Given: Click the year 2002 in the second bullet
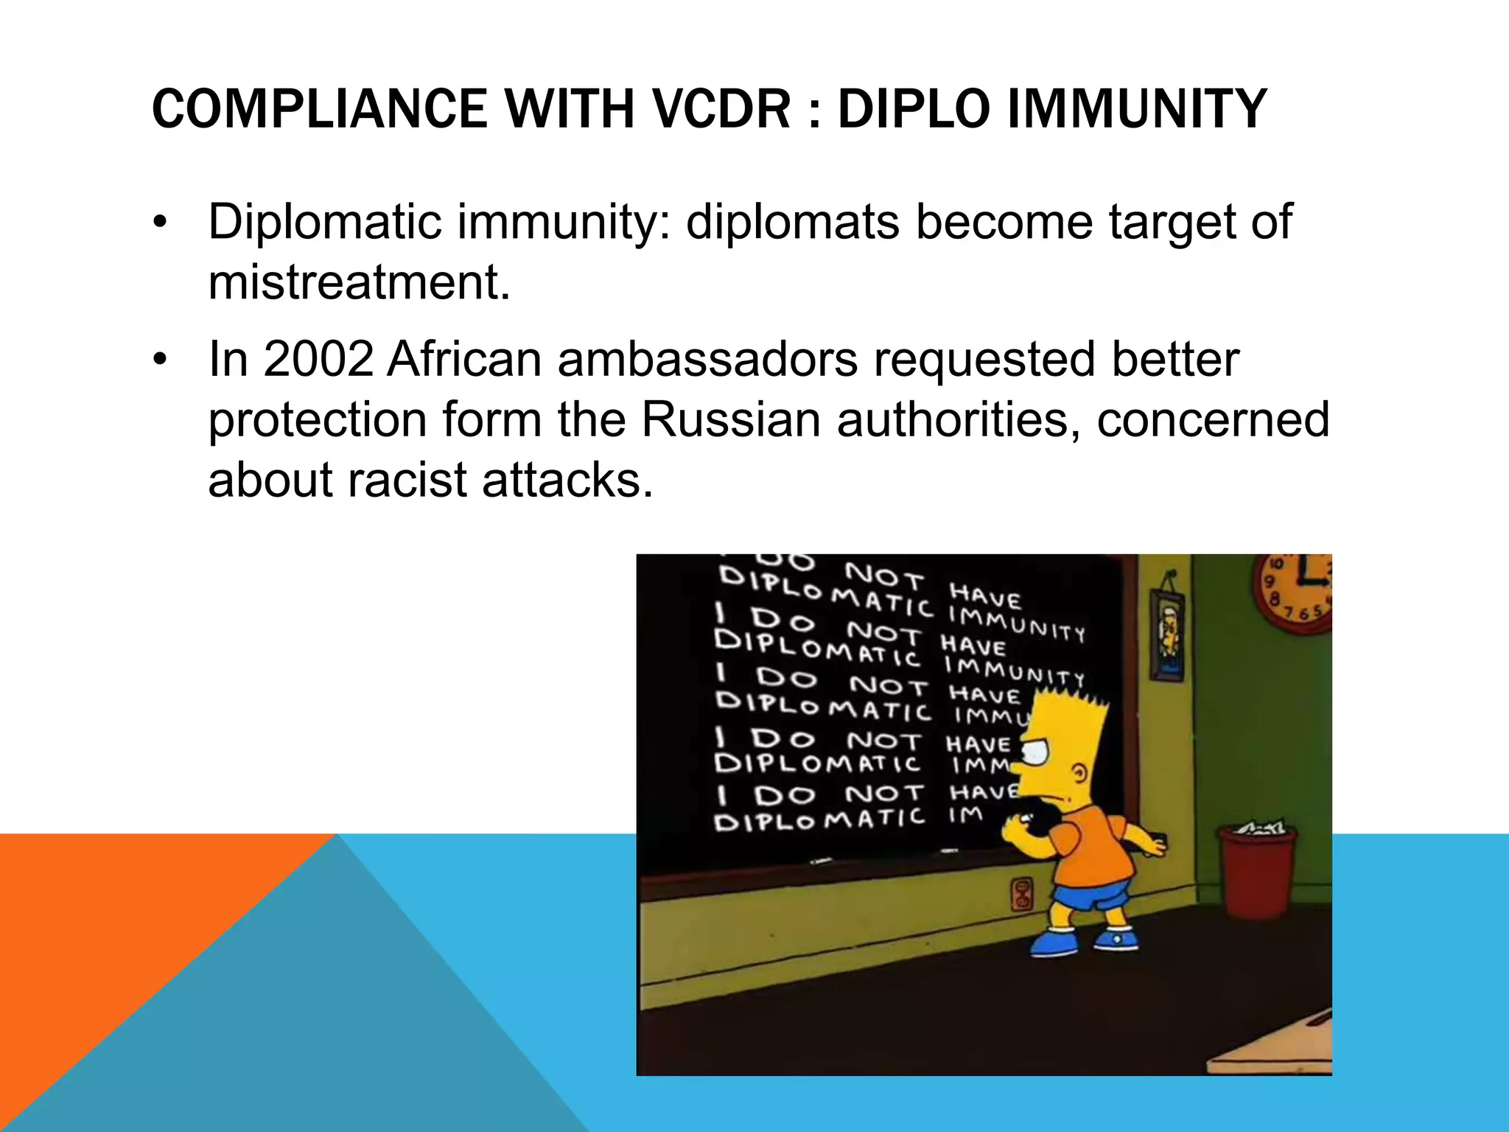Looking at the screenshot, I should pyautogui.click(x=318, y=360).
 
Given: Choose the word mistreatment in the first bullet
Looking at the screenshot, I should pyautogui.click(x=359, y=283).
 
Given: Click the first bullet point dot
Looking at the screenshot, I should pyautogui.click(x=161, y=223).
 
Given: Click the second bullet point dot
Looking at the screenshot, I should pyautogui.click(x=161, y=361).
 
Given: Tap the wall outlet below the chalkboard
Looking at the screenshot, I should pyautogui.click(x=1022, y=893).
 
